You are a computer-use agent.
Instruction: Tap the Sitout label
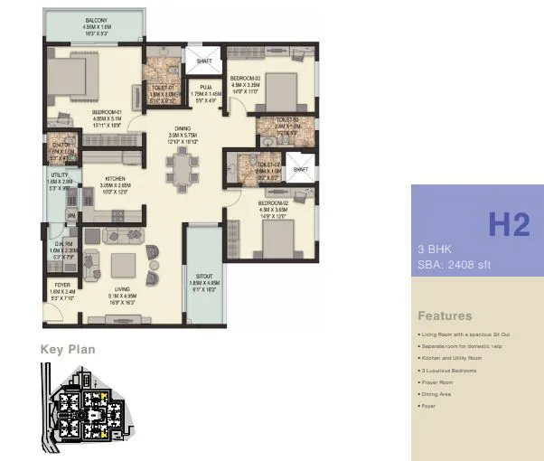[x=203, y=283]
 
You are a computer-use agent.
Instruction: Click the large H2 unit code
[x=509, y=223]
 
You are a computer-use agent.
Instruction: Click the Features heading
[x=445, y=316]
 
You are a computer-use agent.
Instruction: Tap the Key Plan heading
[x=68, y=349]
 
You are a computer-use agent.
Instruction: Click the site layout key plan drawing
[x=87, y=407]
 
